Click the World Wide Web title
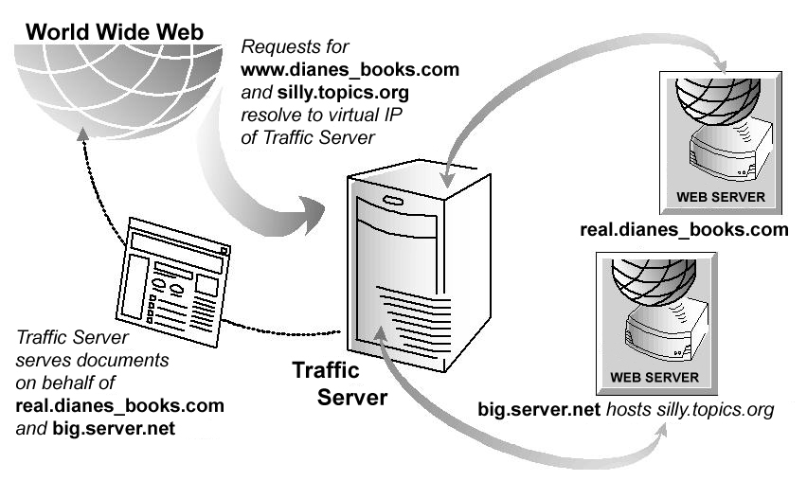[x=115, y=33]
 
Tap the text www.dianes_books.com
[x=350, y=70]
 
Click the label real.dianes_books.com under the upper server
[x=684, y=230]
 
